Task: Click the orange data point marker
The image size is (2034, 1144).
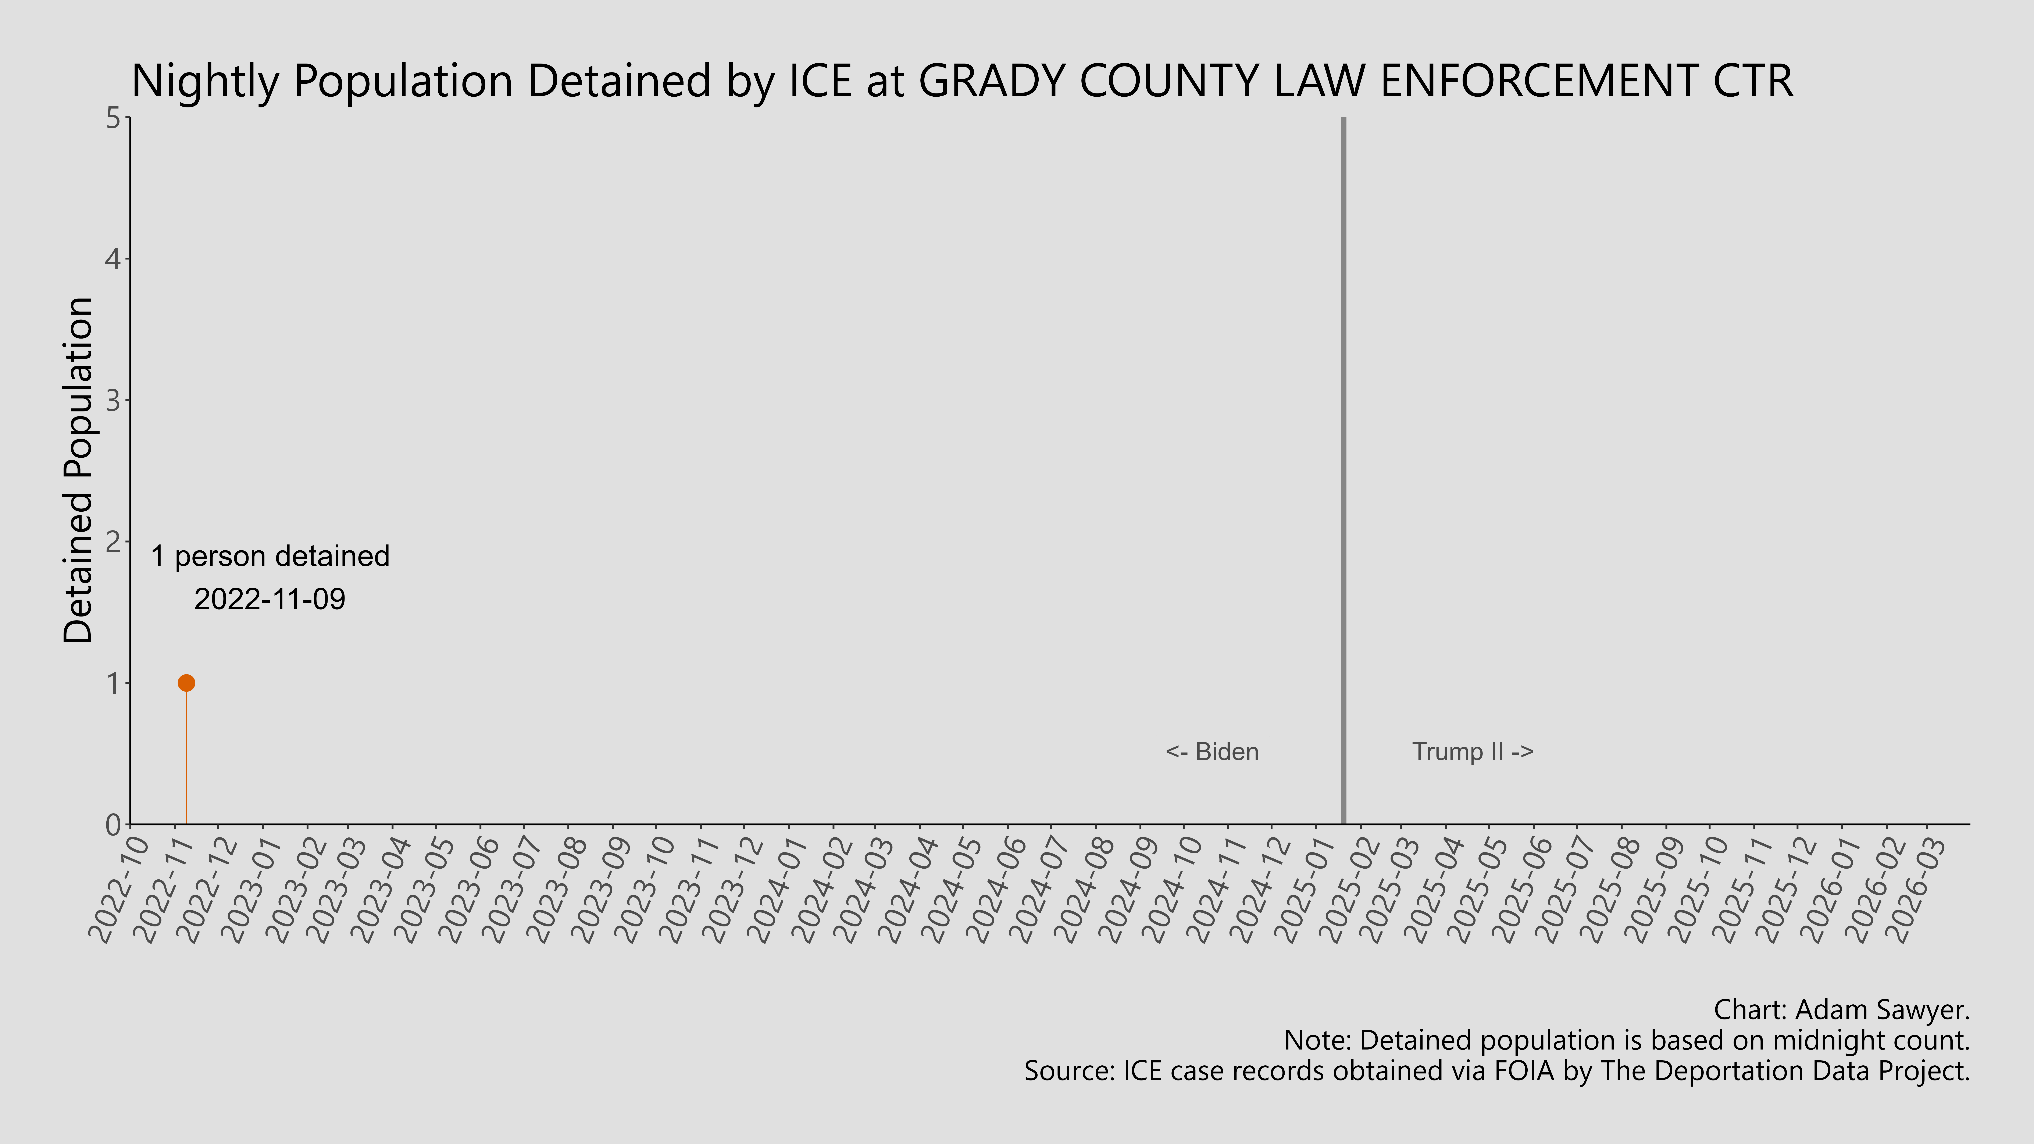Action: [186, 683]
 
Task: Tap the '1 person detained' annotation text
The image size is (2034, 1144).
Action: [270, 557]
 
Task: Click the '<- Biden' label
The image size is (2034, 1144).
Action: [1212, 752]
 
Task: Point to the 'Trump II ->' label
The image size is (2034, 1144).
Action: [1473, 752]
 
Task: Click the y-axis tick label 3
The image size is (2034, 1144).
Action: [113, 400]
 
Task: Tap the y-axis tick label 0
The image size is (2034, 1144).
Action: [113, 824]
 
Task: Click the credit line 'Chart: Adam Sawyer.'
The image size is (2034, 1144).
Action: [1841, 1010]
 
